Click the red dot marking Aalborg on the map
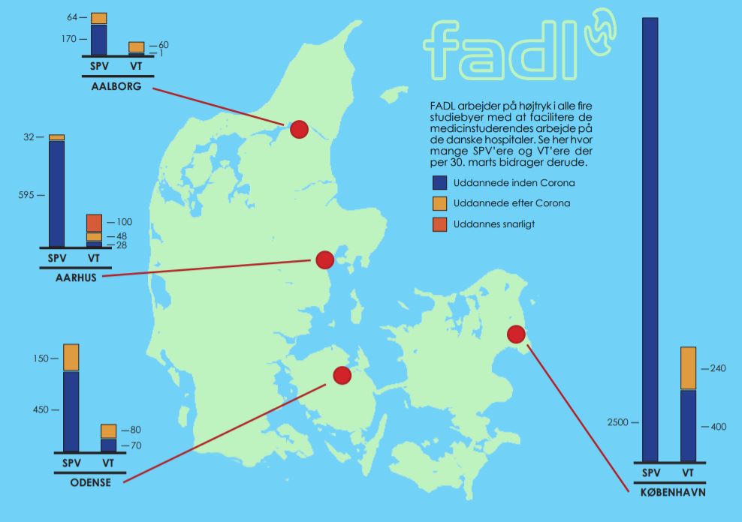[x=299, y=130]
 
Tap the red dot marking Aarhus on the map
[x=324, y=260]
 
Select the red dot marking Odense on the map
[x=342, y=375]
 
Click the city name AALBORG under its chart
[x=116, y=86]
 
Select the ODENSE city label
[x=90, y=482]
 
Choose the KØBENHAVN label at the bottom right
[x=668, y=492]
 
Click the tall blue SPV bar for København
[x=650, y=240]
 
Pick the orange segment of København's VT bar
[x=688, y=368]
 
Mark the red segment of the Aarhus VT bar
[x=94, y=223]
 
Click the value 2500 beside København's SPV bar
[x=622, y=422]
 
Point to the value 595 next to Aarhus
[x=26, y=195]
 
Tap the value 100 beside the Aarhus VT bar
[x=123, y=223]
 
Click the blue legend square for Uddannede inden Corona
[x=439, y=183]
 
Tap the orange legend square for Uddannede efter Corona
[x=439, y=203]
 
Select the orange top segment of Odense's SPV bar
[x=71, y=357]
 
